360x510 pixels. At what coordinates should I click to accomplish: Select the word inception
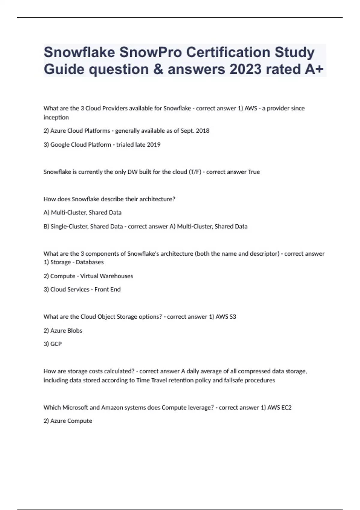click(x=56, y=117)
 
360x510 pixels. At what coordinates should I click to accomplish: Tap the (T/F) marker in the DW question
click(x=195, y=172)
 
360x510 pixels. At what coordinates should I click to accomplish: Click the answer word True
click(x=254, y=172)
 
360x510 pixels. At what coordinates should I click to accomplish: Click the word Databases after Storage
click(x=89, y=262)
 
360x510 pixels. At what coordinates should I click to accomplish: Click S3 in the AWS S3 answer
click(x=233, y=317)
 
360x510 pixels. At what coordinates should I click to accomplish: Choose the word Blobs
click(x=75, y=331)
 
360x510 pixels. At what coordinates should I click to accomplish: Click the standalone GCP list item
click(x=56, y=344)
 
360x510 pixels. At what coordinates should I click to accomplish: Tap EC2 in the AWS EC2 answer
click(x=286, y=408)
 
